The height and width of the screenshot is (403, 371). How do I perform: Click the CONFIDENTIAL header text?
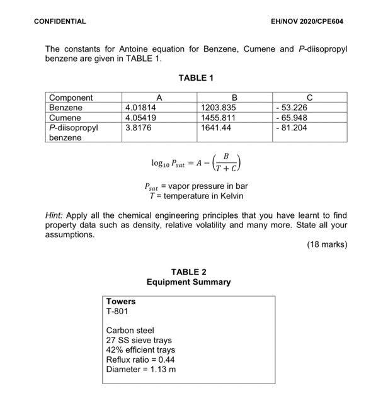tap(60, 21)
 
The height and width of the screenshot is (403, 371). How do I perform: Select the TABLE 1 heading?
tap(196, 78)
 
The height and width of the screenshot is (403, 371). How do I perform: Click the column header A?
tap(159, 98)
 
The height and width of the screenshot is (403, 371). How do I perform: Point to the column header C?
tap(309, 98)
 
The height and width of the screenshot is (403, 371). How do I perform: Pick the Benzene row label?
tap(65, 108)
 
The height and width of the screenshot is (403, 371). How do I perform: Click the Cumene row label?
tap(65, 117)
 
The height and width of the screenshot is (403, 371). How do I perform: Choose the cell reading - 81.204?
tap(292, 127)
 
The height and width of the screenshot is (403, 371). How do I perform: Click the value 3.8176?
tap(139, 127)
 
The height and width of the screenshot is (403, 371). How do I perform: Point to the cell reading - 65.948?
tap(292, 117)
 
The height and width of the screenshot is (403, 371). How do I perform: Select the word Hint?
tap(55, 215)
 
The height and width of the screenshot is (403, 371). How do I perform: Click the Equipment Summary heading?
tap(188, 282)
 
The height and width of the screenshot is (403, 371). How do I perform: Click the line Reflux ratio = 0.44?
tap(140, 360)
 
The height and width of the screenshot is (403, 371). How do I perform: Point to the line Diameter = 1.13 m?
tap(141, 369)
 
